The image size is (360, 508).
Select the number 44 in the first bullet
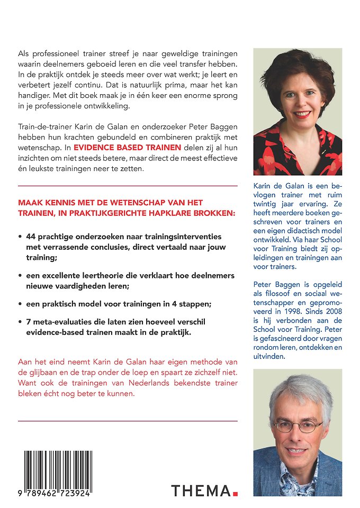pyautogui.click(x=32, y=237)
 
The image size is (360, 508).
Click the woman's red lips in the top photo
pyautogui.click(x=302, y=114)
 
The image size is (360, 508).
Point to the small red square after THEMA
pyautogui.click(x=235, y=494)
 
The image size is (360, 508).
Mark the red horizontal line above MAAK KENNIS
pyautogui.click(x=127, y=186)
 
